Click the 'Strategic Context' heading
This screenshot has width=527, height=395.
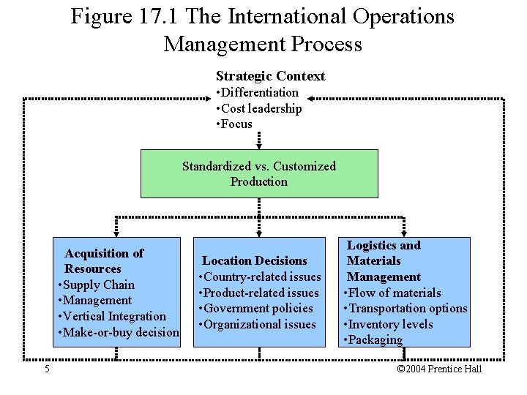(x=270, y=76)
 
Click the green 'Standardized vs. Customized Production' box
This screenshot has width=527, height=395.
(x=259, y=174)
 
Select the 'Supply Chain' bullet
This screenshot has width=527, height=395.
(x=98, y=285)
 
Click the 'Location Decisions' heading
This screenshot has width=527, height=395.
(x=254, y=260)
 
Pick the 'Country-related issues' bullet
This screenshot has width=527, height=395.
(x=261, y=276)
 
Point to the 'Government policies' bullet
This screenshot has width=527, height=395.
(x=258, y=309)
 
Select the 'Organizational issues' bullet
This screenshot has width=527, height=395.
(x=258, y=325)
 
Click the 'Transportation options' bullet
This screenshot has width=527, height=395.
(x=407, y=308)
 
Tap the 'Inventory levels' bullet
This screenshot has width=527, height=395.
(x=390, y=324)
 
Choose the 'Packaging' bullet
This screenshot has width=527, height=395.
(x=375, y=339)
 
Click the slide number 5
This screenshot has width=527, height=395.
(x=47, y=369)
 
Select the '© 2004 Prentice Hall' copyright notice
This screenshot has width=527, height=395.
(x=439, y=369)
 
